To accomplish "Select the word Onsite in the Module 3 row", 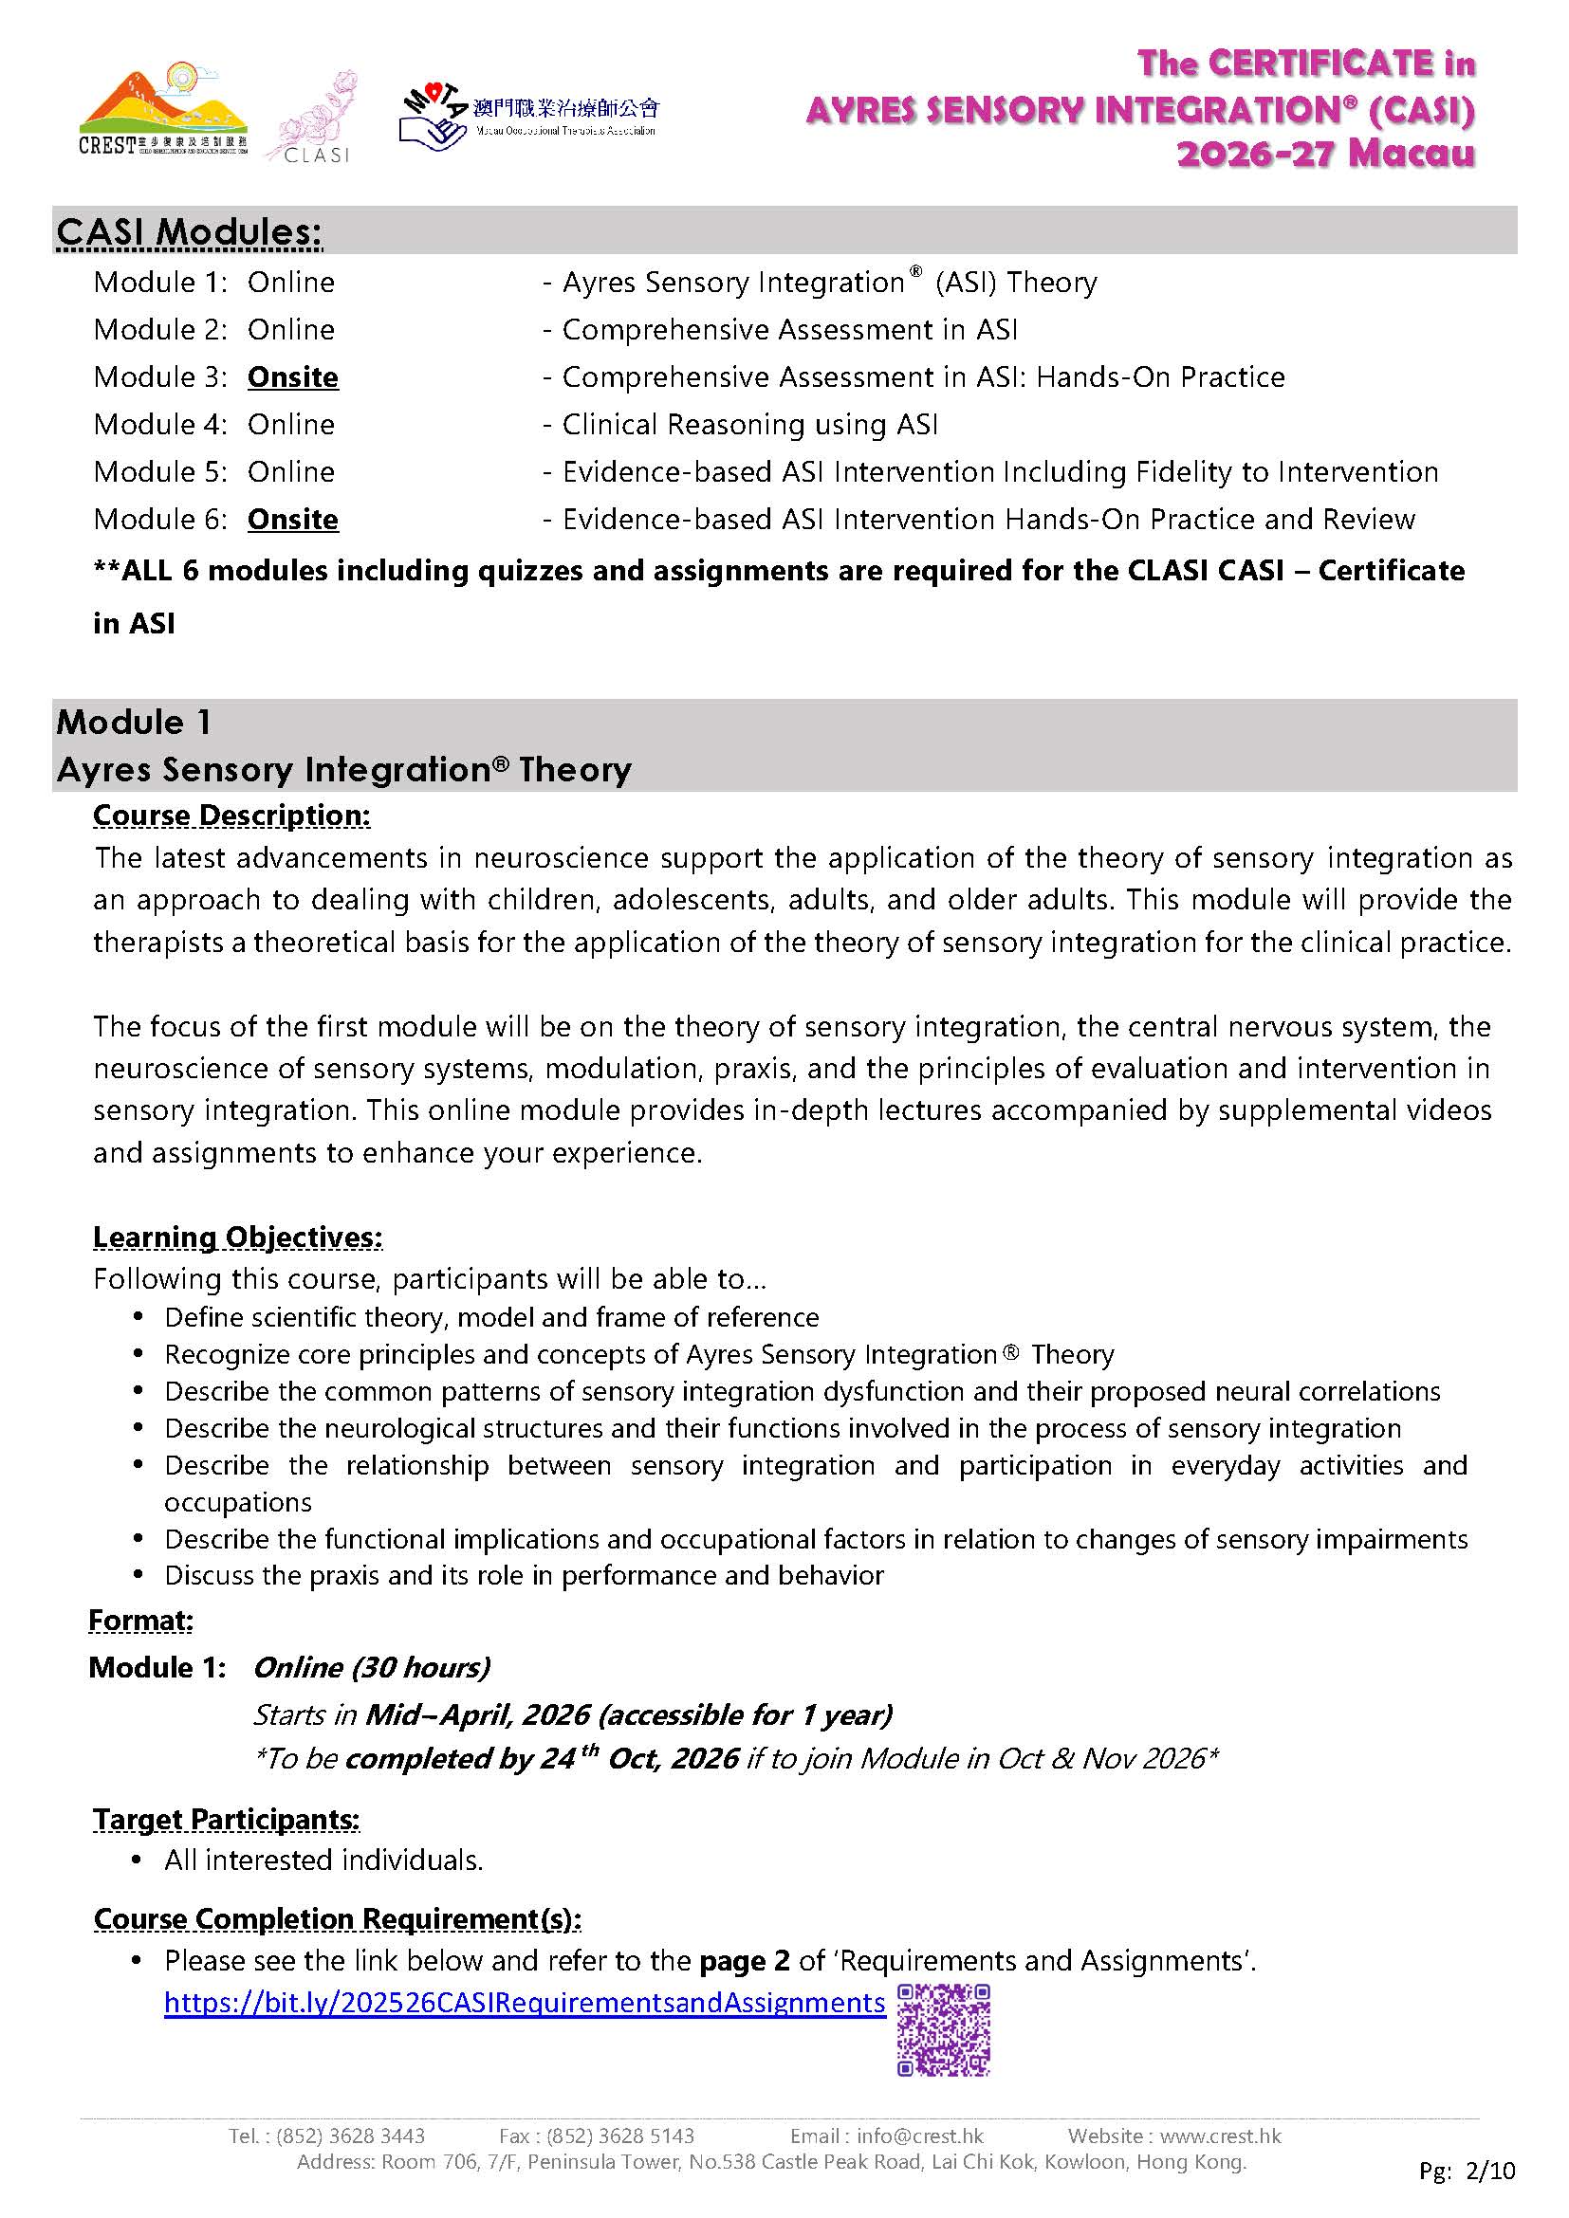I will pyautogui.click(x=293, y=376).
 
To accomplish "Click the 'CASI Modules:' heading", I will pyautogui.click(x=189, y=231).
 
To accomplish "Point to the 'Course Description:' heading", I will pyautogui.click(x=231, y=816).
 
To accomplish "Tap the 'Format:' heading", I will pyautogui.click(x=141, y=1620).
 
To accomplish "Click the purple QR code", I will pyautogui.click(x=943, y=2029).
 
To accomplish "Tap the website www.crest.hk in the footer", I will pyautogui.click(x=1220, y=2136).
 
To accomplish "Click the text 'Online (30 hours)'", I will pyautogui.click(x=372, y=1667).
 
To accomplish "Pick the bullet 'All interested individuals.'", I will pyautogui.click(x=323, y=1861).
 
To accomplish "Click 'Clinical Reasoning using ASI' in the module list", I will pyautogui.click(x=749, y=424).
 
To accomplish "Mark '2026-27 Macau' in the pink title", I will pyautogui.click(x=1325, y=153).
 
